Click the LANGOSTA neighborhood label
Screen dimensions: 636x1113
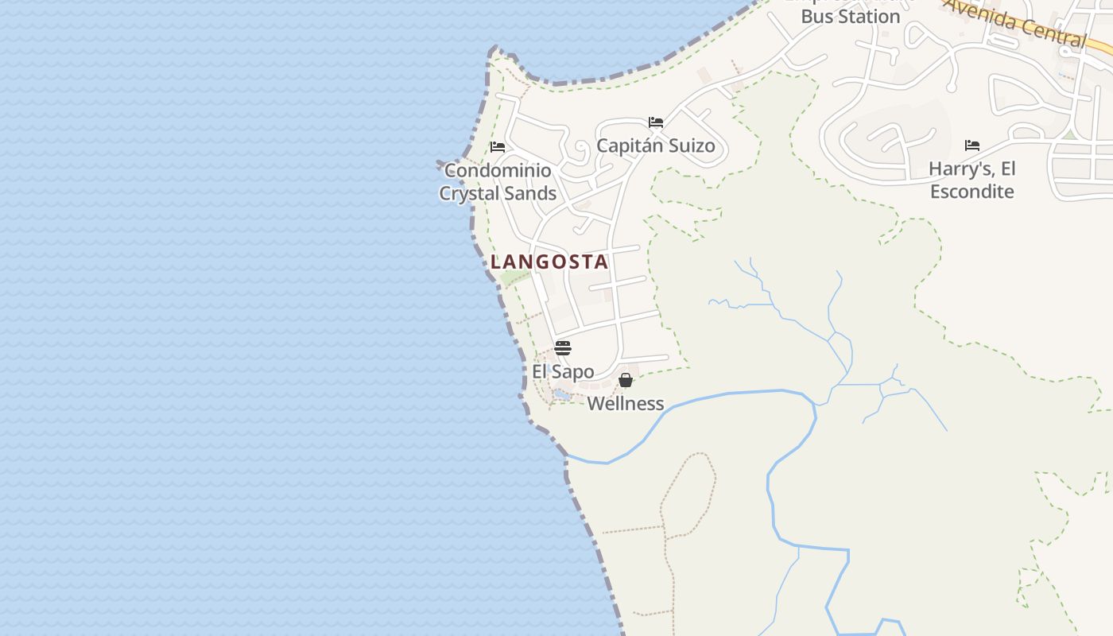549,262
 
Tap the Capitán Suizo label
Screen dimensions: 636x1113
656,145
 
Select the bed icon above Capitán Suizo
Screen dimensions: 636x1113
656,122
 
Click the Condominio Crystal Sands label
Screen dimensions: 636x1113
498,182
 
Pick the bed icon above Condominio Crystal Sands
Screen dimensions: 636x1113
498,147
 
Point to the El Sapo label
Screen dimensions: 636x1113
563,371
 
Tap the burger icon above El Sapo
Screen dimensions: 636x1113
563,347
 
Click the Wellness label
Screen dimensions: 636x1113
626,403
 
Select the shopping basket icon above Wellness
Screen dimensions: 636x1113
626,380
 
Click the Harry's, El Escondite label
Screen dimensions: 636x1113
972,180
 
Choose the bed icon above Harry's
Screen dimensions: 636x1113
972,145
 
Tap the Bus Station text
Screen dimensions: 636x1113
850,16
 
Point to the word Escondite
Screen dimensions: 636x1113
972,192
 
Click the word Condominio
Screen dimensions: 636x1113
498,170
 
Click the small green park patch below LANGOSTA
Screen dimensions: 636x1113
514,278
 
